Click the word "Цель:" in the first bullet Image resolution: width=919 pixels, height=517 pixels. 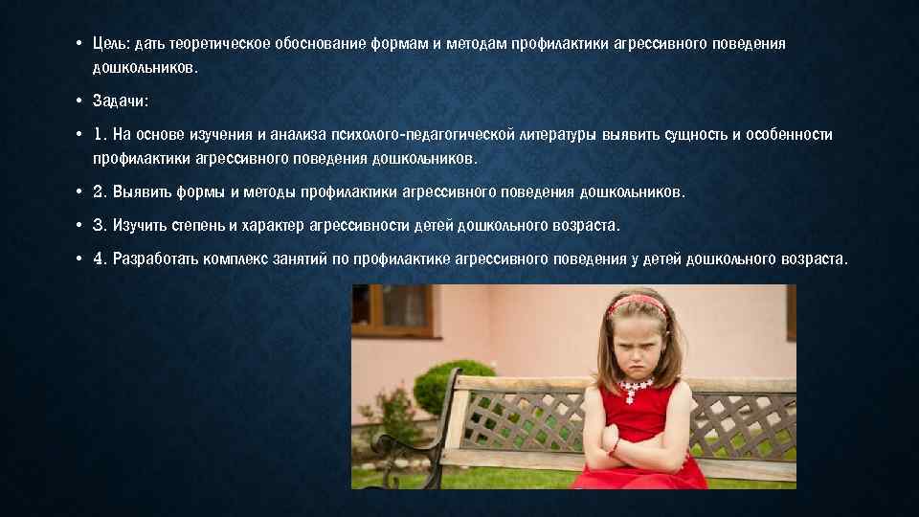[x=110, y=44]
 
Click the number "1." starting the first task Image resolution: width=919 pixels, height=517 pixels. [x=101, y=135]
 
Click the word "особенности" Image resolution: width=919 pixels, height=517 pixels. [x=791, y=135]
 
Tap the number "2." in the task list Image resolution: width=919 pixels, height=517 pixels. [x=101, y=191]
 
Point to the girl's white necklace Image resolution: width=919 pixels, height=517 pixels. [x=638, y=388]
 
